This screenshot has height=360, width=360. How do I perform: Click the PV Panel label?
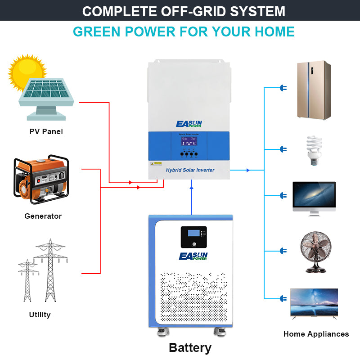click(46, 132)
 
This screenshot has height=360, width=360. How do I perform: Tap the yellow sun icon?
click(26, 72)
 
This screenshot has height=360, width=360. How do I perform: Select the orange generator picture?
click(41, 180)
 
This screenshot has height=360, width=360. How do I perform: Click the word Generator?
click(43, 216)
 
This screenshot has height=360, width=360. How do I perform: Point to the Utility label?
click(40, 315)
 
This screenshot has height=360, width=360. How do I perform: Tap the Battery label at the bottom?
click(190, 347)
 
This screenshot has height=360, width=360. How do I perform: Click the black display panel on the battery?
click(193, 237)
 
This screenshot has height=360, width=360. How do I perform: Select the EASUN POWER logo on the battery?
click(193, 256)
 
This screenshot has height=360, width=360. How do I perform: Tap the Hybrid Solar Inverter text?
click(190, 170)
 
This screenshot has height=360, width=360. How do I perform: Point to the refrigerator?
click(314, 90)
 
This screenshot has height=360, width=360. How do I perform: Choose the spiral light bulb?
click(314, 149)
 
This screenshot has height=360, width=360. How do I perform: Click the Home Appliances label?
click(316, 334)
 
